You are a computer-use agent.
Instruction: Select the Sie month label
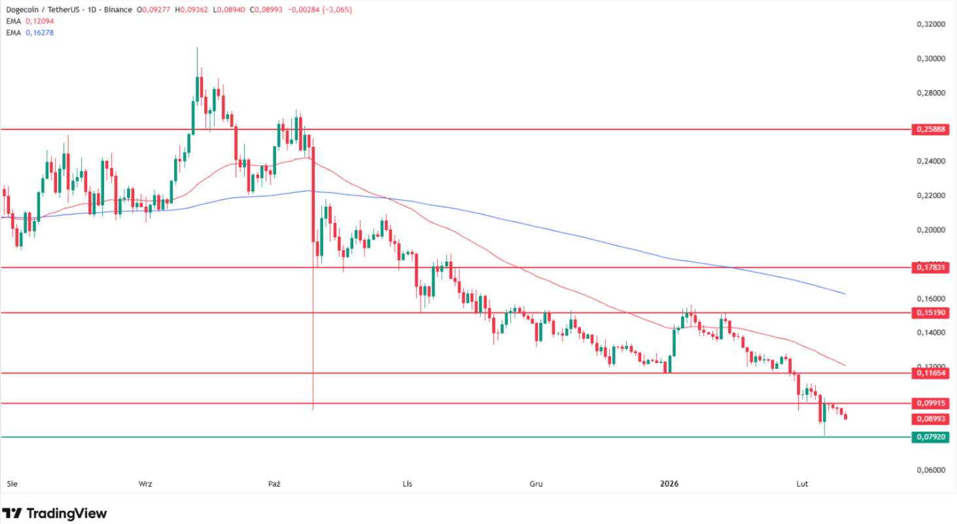[x=11, y=484]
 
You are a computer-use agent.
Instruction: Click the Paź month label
[x=274, y=484]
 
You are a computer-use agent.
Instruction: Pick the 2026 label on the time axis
[x=669, y=484]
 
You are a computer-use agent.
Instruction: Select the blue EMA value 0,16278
[x=40, y=32]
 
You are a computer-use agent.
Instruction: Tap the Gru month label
[x=536, y=484]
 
